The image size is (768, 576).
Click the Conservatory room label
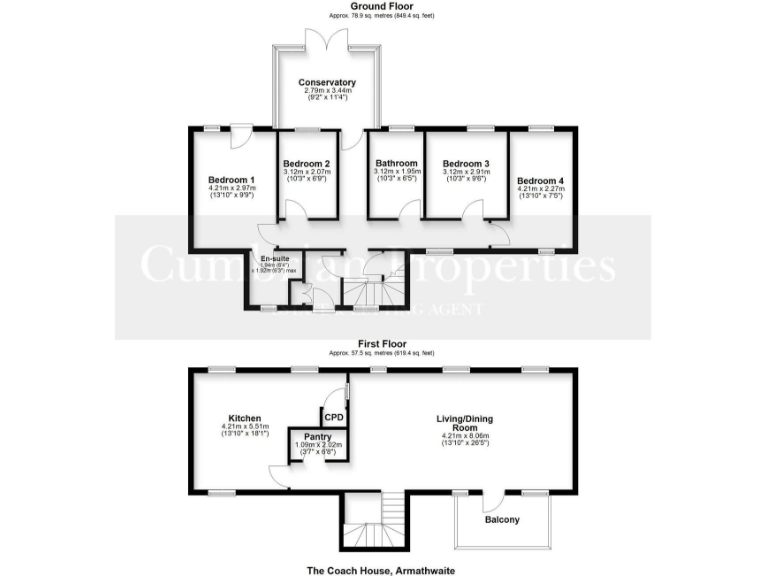point(328,82)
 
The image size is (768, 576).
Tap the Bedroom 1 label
point(231,180)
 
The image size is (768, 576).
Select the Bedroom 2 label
point(306,164)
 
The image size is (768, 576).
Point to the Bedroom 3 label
point(466,164)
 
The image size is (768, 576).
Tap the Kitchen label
point(244,418)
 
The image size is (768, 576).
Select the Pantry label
point(318,436)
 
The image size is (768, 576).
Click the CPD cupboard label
point(334,416)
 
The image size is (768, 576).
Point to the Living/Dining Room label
point(465,424)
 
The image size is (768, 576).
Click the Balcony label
point(502,519)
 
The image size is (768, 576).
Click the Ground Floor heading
point(383,7)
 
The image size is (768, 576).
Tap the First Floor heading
point(383,343)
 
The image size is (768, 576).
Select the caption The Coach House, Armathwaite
point(383,569)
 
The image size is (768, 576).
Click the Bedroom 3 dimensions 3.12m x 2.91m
point(466,173)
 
